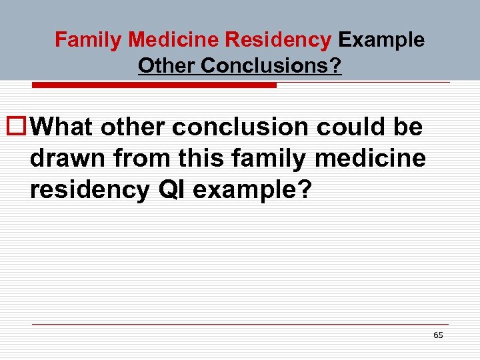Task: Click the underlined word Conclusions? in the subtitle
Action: coord(271,66)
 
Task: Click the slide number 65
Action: coord(438,335)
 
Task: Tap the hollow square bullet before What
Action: coord(15,125)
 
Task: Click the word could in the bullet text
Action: coord(353,127)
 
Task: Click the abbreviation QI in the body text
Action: coord(175,191)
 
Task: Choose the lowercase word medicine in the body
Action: coord(378,159)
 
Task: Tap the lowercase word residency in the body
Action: coord(90,191)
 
